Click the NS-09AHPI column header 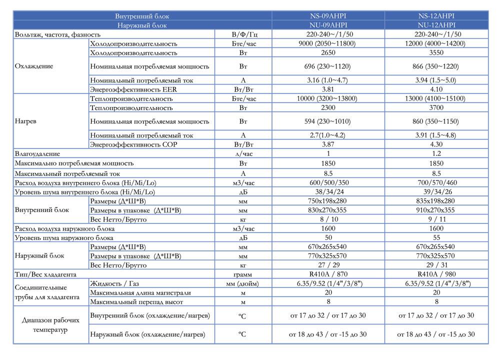[328, 16]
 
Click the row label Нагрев [26, 121]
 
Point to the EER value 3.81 [328, 89]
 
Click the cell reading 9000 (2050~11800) [328, 43]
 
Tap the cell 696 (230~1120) [328, 66]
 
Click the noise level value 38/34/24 [328, 192]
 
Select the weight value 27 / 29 [328, 265]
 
